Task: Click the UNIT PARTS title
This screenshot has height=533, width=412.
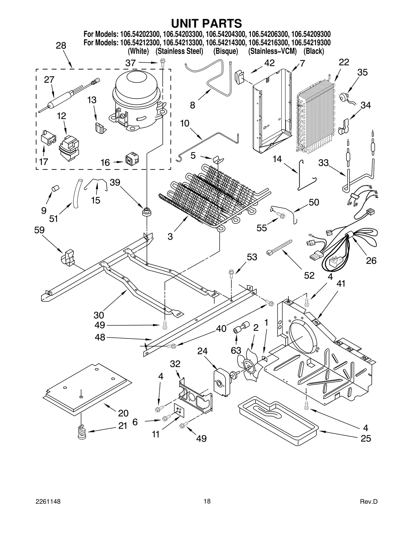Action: (x=207, y=23)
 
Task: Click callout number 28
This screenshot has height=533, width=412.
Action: (x=61, y=46)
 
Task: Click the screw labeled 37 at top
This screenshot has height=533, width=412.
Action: (x=162, y=63)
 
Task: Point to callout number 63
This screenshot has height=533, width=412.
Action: (x=236, y=350)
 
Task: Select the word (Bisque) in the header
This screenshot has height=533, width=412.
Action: (x=226, y=51)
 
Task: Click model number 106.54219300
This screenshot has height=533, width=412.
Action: (x=311, y=42)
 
